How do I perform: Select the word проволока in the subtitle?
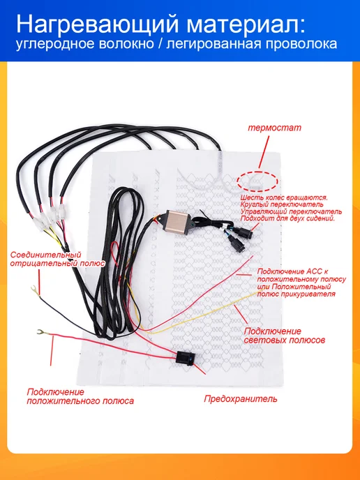tap(301, 44)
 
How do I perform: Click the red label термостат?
tap(274, 128)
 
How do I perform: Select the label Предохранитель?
tap(241, 399)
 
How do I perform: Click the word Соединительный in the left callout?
tap(46, 255)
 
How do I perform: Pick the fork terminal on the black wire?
tap(35, 291)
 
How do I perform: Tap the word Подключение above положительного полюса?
tap(55, 392)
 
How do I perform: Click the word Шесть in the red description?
tap(250, 197)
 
